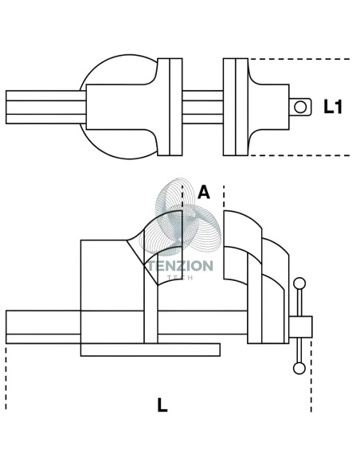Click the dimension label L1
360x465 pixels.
[332, 107]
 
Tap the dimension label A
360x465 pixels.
[204, 192]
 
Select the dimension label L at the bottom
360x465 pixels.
[162, 405]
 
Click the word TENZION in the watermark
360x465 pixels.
[181, 266]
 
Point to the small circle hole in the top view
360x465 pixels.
[300, 107]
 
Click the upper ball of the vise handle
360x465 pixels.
[299, 283]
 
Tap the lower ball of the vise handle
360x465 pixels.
[299, 369]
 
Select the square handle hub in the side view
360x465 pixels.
[300, 326]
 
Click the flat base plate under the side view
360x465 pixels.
[151, 350]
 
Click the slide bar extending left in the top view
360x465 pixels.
[46, 107]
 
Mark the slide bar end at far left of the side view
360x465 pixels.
[43, 326]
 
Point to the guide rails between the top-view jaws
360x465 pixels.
[202, 107]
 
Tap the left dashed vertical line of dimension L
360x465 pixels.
[6, 378]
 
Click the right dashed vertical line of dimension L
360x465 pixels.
[311, 376]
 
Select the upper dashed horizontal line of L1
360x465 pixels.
[299, 59]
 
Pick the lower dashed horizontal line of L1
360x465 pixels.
[299, 155]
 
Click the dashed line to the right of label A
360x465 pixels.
[224, 197]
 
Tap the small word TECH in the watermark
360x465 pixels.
[180, 278]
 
